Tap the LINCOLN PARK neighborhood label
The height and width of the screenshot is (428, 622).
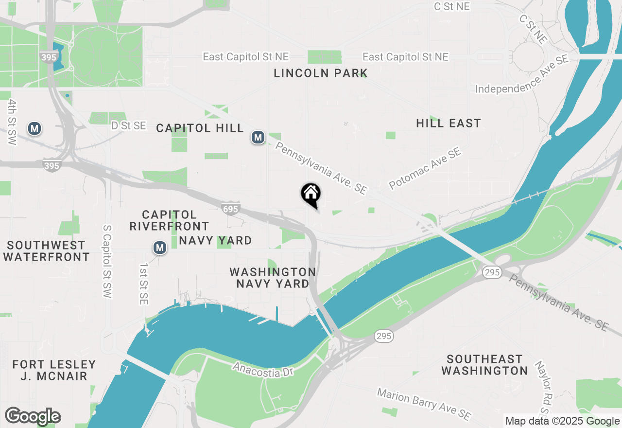321,73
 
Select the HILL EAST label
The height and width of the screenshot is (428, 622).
448,124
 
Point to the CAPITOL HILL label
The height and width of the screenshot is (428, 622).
200,128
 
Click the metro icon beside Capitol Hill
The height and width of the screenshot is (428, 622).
258,138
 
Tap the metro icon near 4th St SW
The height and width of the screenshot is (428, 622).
35,128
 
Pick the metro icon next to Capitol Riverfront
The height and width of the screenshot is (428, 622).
160,248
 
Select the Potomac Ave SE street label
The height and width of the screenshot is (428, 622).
424,169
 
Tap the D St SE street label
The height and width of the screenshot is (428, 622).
129,125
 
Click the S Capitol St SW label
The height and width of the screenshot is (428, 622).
107,261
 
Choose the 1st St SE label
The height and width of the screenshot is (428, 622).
143,284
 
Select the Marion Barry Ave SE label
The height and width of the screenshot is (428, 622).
424,403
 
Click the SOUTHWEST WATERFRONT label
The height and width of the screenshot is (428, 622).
46,251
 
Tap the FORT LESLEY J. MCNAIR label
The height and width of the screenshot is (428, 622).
54,370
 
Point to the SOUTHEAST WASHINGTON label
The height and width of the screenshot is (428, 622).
484,365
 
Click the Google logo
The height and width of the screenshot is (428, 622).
33,416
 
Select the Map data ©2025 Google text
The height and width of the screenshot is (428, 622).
562,421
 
